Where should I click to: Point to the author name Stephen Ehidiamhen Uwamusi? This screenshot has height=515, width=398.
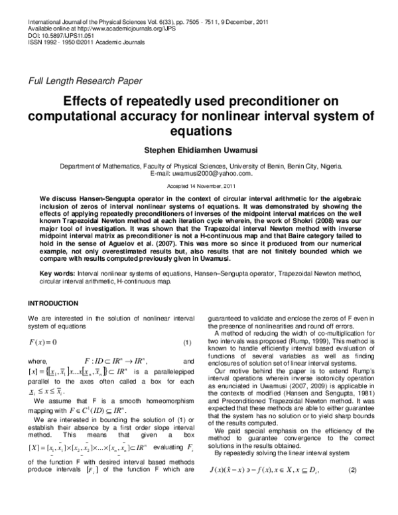click(198, 151)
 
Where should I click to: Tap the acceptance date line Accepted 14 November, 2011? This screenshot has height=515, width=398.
click(198, 187)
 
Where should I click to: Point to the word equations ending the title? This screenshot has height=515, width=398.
click(198, 131)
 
